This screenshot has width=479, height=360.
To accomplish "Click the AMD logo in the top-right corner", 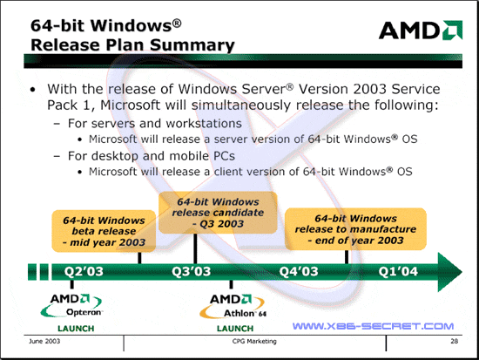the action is pos(421,30).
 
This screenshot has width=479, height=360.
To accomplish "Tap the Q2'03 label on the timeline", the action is pos(84,271).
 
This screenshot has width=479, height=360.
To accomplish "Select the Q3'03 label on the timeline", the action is pos(192,271).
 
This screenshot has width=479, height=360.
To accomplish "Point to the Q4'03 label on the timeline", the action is pos(299,271).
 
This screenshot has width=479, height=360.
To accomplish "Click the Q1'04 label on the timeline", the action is pos(398,271).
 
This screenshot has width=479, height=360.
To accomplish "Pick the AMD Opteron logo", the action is pos(71,305).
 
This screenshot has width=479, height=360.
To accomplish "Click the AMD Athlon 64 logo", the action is pos(233,306).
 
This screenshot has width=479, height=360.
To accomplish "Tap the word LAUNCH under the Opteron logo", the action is pos(76,329).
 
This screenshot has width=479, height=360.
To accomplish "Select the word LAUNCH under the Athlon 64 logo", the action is pos(235,329).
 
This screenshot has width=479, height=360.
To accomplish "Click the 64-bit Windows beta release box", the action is pos(104,231).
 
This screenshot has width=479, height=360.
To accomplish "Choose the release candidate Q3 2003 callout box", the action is pos(218,213).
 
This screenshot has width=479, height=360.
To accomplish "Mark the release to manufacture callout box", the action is pos(355,229).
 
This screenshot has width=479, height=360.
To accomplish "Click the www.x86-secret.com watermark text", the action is pos(373,326).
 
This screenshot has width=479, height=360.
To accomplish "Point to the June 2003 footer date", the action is pos(44,341).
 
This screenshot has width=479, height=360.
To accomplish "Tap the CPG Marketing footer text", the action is pos(254,341).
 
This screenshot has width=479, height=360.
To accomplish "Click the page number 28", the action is pos(455,341).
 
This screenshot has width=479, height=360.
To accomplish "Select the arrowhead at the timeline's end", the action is pos(450,272).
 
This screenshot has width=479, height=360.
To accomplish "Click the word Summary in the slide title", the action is pos(192,45).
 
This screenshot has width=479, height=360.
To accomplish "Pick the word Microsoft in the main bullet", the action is pos(130,105).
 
